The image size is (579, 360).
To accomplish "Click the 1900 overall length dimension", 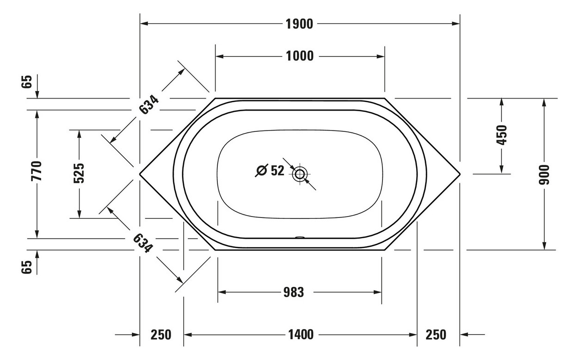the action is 299,24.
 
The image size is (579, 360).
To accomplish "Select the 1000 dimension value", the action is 300,56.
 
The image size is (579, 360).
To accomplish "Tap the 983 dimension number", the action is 294,292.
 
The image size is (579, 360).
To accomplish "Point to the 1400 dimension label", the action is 301,335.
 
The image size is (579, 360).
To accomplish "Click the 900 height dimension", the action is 544,174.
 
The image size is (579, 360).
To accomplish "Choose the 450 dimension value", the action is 501,135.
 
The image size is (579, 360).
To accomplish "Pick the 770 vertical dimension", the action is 37,171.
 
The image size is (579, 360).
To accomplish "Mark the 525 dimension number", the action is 79,173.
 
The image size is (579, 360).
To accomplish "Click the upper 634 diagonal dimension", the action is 148,105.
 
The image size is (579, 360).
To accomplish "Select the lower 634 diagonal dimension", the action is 143,243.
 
